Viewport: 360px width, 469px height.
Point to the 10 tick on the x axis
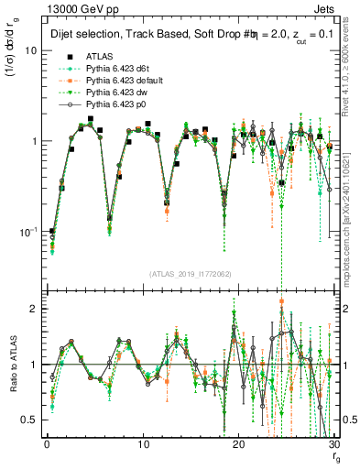pos(143,446)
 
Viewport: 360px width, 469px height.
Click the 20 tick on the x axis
pos(239,446)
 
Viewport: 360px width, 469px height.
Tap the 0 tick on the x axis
pos(47,446)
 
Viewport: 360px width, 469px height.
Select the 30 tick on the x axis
pos(334,446)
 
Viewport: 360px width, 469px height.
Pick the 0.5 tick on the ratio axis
pos(31,420)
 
